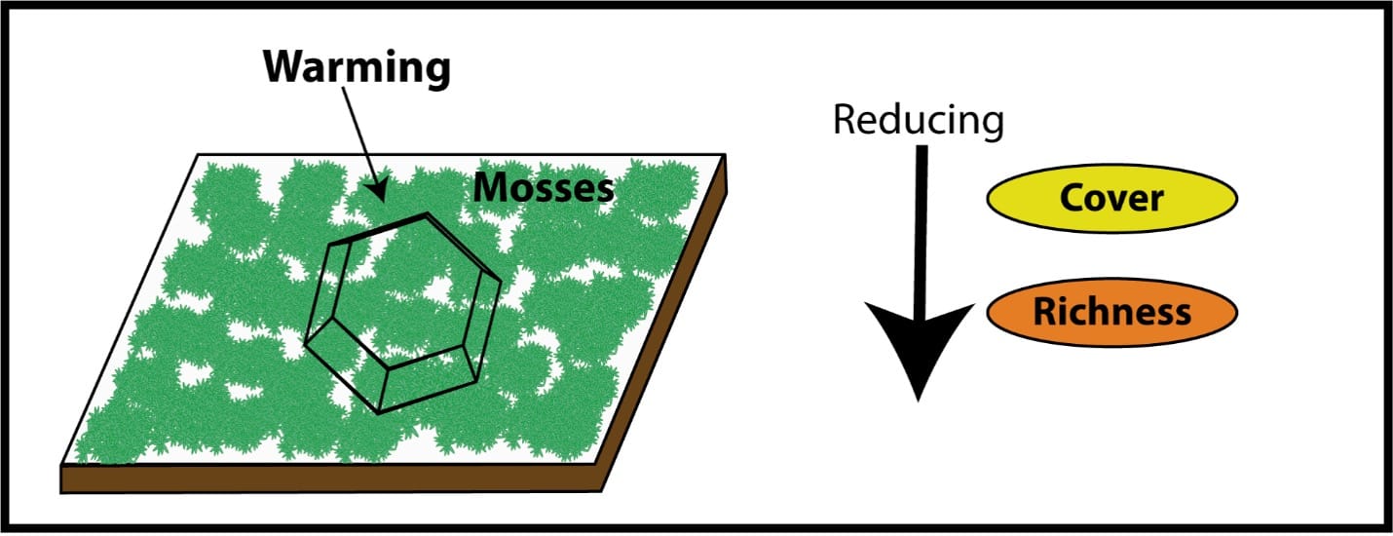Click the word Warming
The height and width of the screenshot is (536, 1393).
(358, 68)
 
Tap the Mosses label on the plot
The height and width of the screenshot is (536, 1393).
(544, 188)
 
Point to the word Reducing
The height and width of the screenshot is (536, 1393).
(918, 121)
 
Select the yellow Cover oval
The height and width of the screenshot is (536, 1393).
(1111, 199)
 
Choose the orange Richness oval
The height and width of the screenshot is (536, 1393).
(1111, 313)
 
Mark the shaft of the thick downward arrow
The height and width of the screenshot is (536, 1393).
(919, 224)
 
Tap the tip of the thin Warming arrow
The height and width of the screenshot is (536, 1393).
(382, 200)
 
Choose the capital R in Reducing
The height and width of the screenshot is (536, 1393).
(845, 121)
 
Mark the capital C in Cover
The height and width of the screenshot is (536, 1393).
(1073, 199)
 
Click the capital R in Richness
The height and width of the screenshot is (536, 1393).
(1046, 313)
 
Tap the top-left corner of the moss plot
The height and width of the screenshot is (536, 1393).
(199, 155)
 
